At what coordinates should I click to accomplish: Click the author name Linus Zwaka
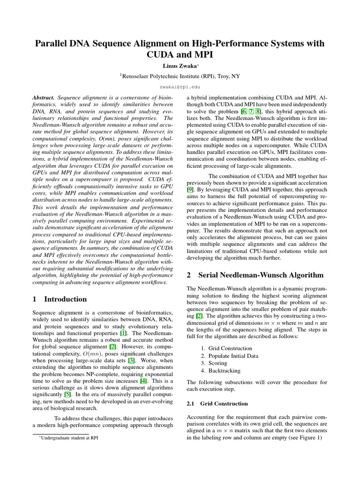point(179,65)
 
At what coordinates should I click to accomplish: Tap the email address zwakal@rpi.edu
point(180,87)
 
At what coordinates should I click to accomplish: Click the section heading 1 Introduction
point(60,299)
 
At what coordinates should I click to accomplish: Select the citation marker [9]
point(190,189)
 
